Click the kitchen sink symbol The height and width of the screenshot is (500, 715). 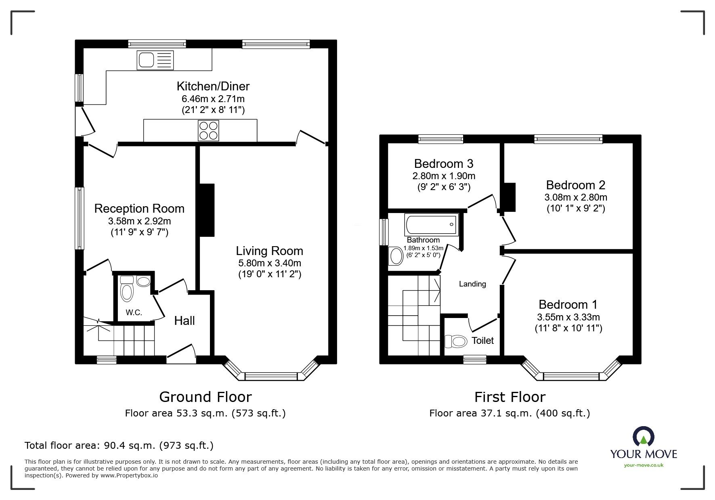155,60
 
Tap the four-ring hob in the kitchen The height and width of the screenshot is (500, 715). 208,131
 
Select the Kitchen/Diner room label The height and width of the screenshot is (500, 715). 213,86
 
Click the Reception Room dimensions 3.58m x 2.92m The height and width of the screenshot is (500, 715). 139,221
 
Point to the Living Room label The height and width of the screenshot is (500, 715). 269,251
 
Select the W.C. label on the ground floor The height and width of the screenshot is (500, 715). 134,312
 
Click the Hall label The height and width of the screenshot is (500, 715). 185,321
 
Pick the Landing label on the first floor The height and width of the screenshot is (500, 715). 472,284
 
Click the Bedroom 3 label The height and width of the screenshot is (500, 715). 444,163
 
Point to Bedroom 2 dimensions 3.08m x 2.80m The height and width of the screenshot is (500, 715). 576,197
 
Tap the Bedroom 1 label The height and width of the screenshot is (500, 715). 568,304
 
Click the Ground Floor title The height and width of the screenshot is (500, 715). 205,397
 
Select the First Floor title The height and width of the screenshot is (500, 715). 510,397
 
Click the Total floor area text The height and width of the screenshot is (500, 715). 119,446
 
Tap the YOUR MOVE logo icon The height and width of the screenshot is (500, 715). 644,437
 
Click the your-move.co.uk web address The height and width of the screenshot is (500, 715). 644,465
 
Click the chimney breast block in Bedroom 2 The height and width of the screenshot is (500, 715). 510,197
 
